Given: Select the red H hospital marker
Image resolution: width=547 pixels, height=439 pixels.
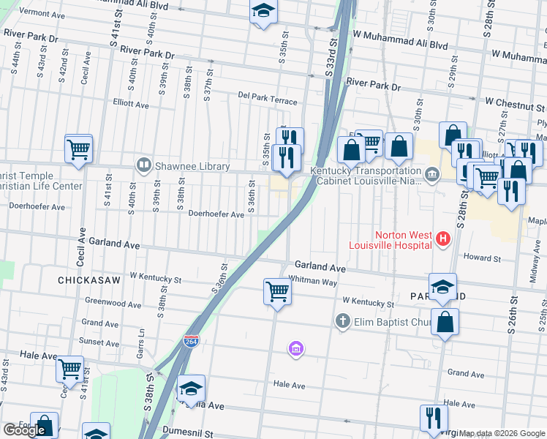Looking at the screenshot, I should (442, 238).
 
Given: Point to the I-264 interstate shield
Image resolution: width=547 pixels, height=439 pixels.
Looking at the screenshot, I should (190, 342).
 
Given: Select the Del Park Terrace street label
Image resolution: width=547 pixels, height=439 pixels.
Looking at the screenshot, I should (268, 101).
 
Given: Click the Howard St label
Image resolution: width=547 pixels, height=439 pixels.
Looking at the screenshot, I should (482, 258).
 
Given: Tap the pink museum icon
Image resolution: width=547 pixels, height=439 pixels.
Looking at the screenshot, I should (295, 349).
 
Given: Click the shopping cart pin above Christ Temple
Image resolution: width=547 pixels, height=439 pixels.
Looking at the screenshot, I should (78, 149).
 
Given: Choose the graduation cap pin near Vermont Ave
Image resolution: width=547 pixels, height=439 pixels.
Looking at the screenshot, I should (263, 12).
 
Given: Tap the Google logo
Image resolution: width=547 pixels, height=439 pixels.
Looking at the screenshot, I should (25, 430).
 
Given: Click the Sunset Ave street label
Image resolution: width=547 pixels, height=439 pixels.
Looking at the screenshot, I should (99, 342).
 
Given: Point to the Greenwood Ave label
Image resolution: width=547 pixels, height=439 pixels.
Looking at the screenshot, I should (113, 302).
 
